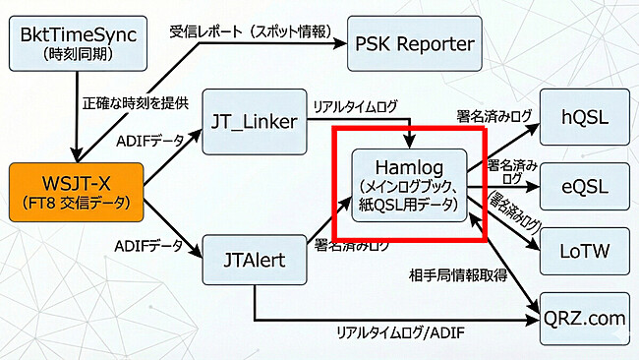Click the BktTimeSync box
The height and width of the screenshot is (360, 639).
[x=76, y=45]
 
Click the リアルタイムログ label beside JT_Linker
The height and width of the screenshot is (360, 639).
[x=355, y=104]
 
